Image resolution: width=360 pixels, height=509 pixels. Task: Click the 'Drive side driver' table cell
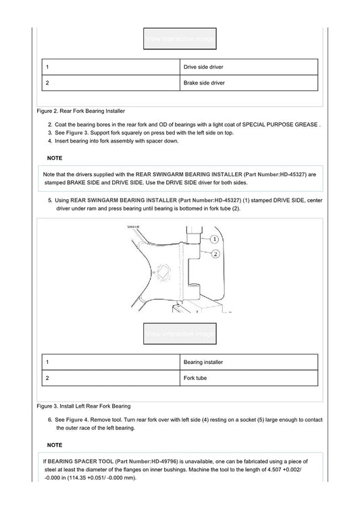249,68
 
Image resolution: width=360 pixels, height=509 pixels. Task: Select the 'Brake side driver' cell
249,83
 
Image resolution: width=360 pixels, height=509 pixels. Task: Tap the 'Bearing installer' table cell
249,363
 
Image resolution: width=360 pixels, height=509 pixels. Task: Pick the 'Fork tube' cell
249,378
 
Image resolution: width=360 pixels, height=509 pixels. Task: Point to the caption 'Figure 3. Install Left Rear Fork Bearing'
84,406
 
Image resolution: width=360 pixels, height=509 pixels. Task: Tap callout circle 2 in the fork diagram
216,254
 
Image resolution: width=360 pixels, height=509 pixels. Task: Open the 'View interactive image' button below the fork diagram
180,333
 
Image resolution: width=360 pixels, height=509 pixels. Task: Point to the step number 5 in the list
50,200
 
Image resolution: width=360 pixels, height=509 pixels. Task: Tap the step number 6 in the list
50,419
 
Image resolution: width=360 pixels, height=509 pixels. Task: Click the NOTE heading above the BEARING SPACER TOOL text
55,445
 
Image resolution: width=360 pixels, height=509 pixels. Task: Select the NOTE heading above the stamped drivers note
55,158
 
